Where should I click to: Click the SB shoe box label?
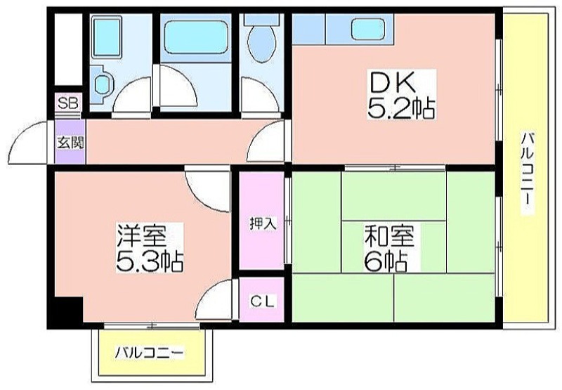(68, 103)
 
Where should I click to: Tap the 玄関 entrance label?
(71, 143)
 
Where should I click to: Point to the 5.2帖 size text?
(401, 108)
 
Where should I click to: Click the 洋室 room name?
(142, 235)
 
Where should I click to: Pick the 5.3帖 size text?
(150, 262)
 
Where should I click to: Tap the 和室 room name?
(389, 235)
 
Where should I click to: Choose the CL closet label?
(262, 301)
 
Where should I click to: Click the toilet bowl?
(262, 39)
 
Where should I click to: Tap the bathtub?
(195, 37)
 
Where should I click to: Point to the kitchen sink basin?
(367, 29)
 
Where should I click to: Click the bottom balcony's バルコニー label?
(150, 353)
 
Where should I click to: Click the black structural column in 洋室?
(69, 309)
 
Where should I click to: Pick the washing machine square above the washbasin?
(107, 37)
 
